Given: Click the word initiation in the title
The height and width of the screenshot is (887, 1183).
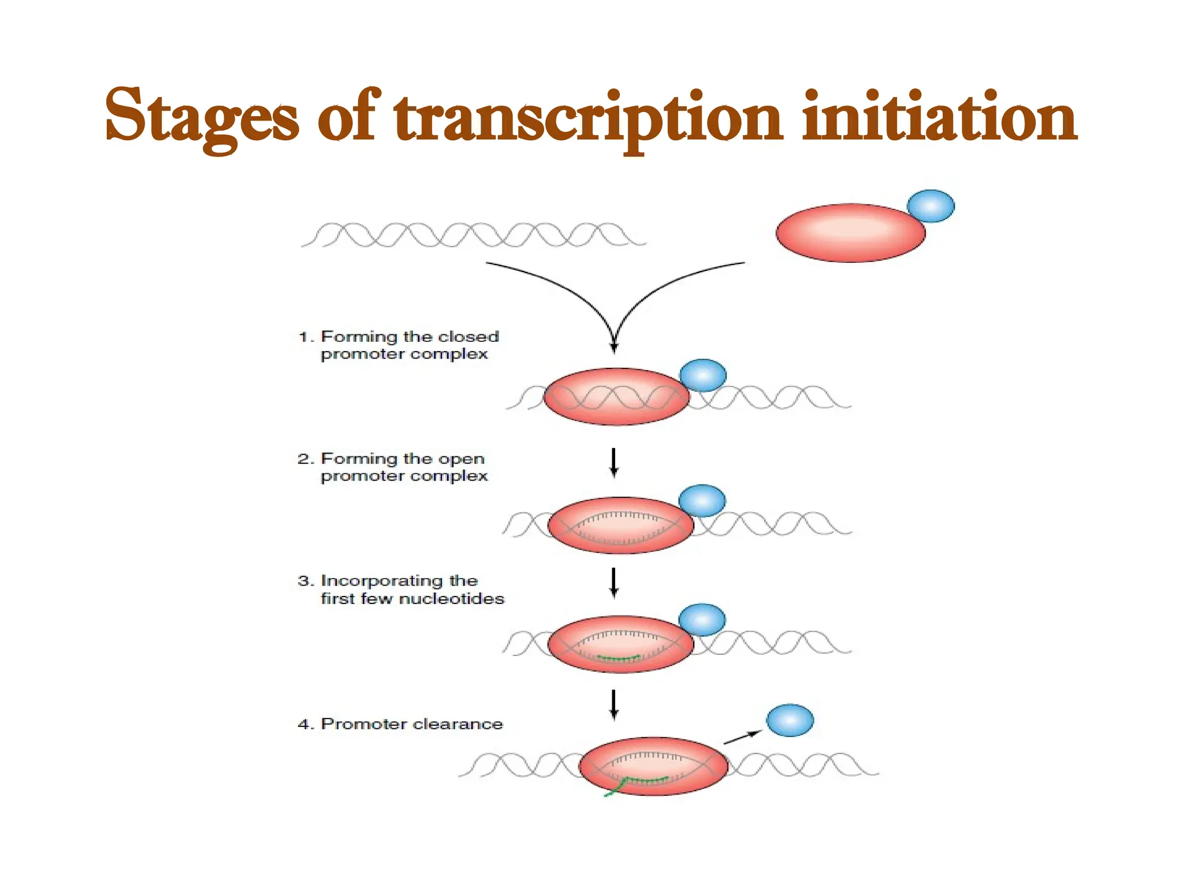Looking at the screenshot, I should [x=939, y=118].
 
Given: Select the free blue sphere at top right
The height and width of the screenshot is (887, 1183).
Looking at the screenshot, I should [x=931, y=206].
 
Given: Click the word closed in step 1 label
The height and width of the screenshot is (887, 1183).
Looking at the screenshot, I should [x=468, y=337].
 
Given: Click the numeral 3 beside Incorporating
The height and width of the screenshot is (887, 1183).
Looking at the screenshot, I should [x=304, y=581].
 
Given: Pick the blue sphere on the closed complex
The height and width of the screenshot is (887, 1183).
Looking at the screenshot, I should [x=703, y=375].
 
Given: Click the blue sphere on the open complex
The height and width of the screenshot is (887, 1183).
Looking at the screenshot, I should [x=702, y=501].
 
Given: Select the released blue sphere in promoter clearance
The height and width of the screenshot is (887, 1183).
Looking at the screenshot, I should [x=790, y=720].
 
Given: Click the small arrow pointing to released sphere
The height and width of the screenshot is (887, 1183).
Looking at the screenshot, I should [x=743, y=737].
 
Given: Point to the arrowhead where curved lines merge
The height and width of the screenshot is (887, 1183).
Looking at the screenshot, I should [x=614, y=346].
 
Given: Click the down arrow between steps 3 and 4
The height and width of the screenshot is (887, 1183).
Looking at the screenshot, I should [x=614, y=705].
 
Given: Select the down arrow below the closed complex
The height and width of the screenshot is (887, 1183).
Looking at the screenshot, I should [x=614, y=463].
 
